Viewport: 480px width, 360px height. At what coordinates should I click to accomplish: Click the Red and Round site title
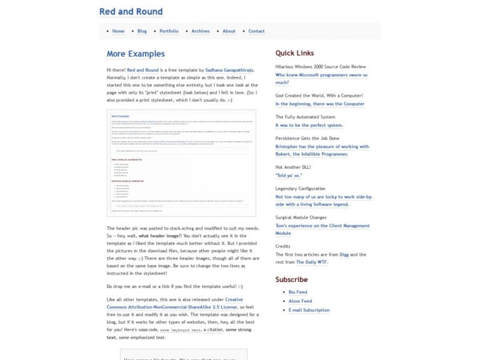[131, 11]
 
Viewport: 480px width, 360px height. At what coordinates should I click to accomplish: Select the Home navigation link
[118, 31]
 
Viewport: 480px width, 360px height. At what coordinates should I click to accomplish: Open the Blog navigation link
[142, 31]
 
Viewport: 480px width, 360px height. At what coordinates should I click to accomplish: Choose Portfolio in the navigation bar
[169, 31]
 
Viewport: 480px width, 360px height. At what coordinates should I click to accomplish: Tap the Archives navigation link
[201, 31]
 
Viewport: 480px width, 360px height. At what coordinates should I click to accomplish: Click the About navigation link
[229, 31]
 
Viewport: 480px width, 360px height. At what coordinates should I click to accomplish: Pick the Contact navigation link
[256, 31]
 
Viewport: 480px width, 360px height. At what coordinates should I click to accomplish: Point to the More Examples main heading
[136, 54]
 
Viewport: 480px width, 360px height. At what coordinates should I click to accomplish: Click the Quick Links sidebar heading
[294, 53]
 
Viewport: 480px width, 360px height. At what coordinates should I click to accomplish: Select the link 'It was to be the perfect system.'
[309, 125]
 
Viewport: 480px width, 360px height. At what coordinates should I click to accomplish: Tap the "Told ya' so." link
[289, 176]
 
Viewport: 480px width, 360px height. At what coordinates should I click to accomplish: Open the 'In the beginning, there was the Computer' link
[319, 104]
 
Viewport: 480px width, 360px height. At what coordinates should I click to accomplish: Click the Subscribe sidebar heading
[291, 279]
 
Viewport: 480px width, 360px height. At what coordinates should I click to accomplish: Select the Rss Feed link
[297, 292]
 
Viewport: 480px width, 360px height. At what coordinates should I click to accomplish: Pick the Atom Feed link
[300, 301]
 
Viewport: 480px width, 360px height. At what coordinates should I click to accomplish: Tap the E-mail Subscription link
[309, 310]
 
